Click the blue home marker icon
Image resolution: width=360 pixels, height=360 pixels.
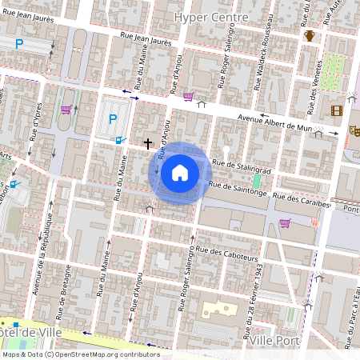pyautogui.click(x=180, y=173)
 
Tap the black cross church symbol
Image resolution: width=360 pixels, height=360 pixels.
pyautogui.click(x=148, y=144)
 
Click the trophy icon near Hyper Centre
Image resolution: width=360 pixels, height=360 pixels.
pyautogui.click(x=310, y=35)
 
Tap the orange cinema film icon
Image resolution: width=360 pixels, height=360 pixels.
pyautogui.click(x=336, y=110)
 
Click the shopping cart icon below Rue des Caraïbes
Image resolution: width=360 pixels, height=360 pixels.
pyautogui.click(x=284, y=223)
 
